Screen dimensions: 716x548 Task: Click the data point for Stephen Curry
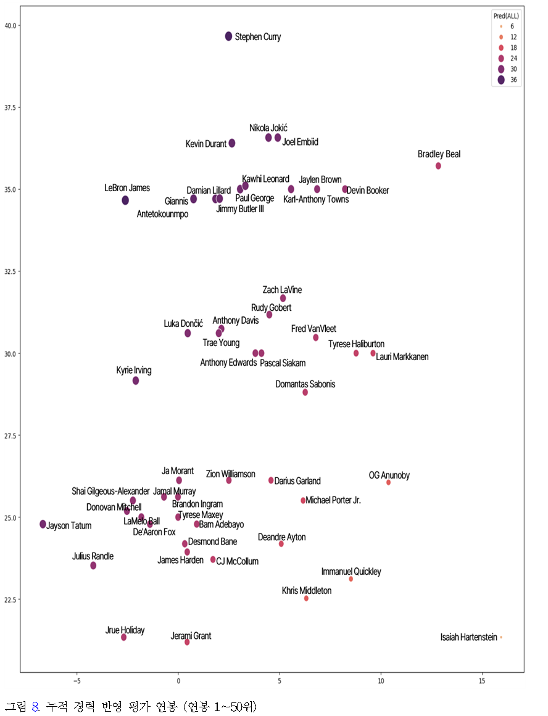[x=228, y=36]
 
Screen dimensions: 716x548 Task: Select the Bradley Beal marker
[x=438, y=166]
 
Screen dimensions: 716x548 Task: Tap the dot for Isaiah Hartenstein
[x=501, y=637]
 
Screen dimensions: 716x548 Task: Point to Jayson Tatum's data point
[x=43, y=524]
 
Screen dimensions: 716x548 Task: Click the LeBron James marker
[x=125, y=200]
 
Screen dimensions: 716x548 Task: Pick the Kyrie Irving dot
[x=136, y=381]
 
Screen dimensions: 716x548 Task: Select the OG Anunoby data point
[x=388, y=482]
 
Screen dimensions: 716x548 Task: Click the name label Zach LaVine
[x=282, y=290]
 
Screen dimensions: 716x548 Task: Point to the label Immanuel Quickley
[x=351, y=572]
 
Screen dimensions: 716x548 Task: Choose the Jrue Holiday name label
[x=125, y=630]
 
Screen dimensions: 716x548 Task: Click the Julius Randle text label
[x=93, y=556]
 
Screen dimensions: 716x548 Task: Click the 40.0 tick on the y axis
[x=10, y=25]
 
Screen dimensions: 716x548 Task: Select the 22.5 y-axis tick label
[x=10, y=599]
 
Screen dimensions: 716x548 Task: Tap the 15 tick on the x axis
[x=482, y=681]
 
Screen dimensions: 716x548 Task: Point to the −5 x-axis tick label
[x=77, y=681]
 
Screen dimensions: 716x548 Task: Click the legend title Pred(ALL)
[x=505, y=15]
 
